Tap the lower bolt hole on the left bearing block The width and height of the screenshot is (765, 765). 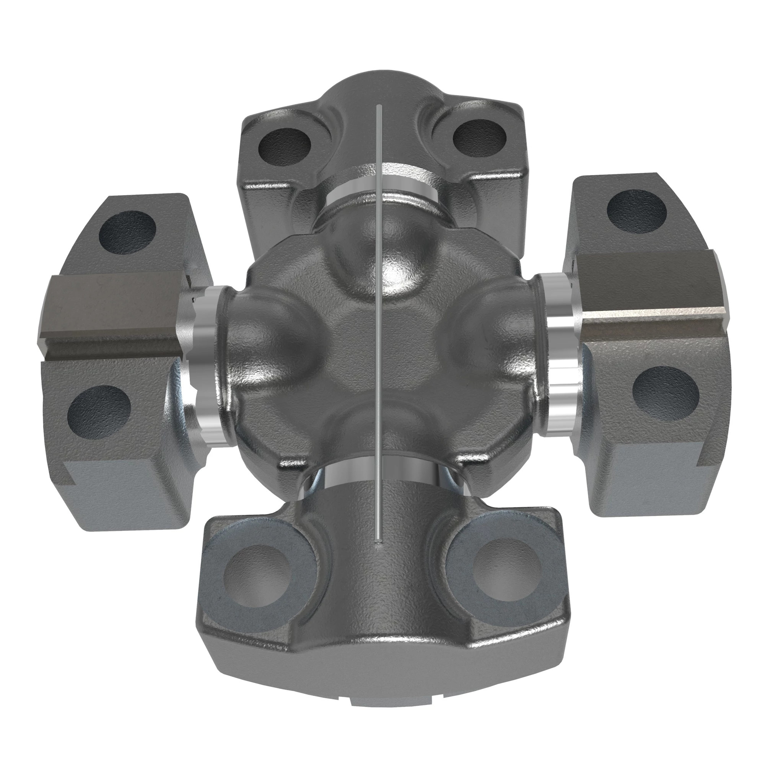(x=99, y=410)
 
